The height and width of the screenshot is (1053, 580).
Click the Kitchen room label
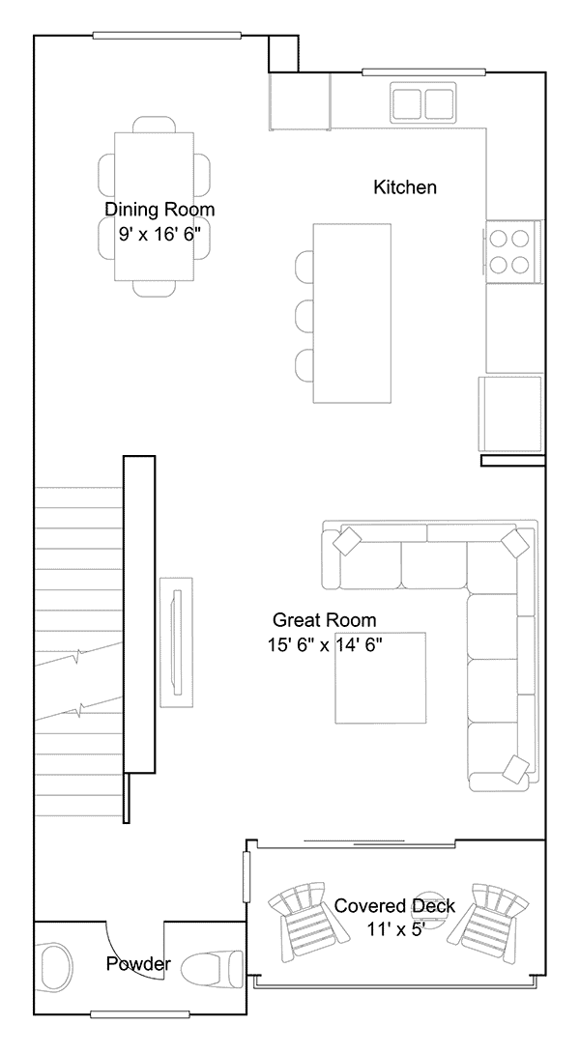(x=405, y=186)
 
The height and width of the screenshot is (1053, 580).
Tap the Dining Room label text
(x=159, y=210)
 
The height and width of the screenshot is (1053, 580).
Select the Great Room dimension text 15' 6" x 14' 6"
(x=325, y=645)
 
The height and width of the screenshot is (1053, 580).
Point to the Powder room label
(x=138, y=964)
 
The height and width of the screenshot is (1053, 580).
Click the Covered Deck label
(x=394, y=906)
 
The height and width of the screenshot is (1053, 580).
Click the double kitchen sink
(x=423, y=101)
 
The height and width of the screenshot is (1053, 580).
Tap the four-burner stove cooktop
(x=509, y=251)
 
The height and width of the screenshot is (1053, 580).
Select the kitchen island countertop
(x=352, y=313)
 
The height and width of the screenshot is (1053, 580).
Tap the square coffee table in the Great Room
(x=381, y=677)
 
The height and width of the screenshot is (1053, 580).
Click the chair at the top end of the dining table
(x=155, y=125)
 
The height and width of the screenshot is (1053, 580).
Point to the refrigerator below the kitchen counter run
(x=510, y=413)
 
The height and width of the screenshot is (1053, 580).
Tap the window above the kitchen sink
(x=423, y=71)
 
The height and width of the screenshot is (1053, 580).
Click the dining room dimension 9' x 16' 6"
(x=159, y=235)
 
